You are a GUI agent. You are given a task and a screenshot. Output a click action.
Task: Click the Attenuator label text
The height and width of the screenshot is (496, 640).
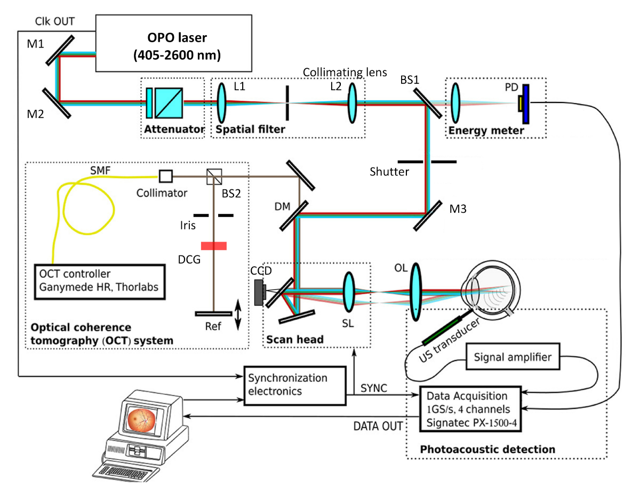tap(172, 129)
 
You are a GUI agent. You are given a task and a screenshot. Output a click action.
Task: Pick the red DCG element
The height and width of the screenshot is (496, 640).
tap(214, 246)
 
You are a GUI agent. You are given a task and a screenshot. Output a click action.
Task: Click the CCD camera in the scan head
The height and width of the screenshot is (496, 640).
tap(260, 293)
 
